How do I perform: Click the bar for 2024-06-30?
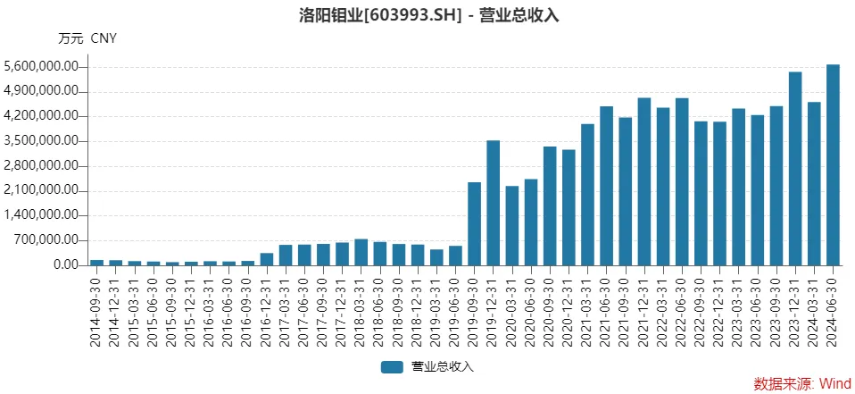[x=833, y=165]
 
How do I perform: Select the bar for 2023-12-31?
[x=795, y=169]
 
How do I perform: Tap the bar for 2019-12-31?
[x=494, y=203]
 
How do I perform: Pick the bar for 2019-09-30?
[x=475, y=223]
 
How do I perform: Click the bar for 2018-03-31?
[x=361, y=252]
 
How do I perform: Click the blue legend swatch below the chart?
[x=393, y=367]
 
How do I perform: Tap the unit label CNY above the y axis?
[x=104, y=38]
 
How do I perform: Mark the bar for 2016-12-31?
[x=267, y=259]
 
